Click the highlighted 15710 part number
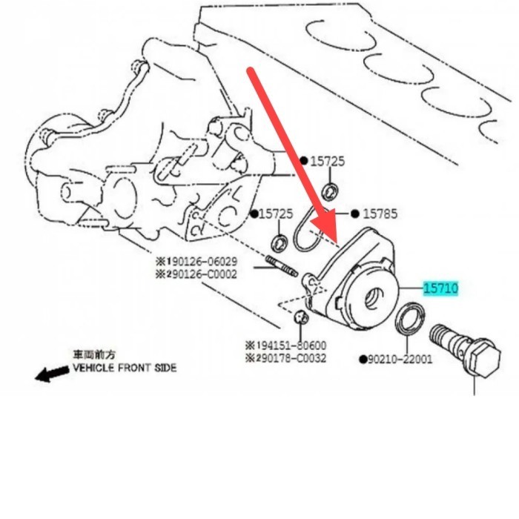point(441,288)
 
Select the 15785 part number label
point(380,214)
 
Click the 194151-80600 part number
point(290,346)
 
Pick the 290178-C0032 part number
point(290,357)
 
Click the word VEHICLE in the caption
point(97,368)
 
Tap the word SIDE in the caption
point(164,368)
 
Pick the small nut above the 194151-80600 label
point(300,318)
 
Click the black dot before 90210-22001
point(363,360)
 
